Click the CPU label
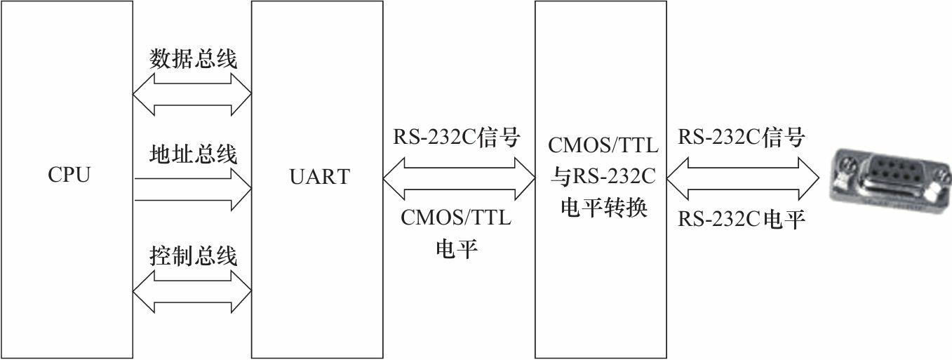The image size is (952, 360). point(69,175)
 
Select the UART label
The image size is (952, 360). point(319,177)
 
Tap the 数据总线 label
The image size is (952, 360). point(193,60)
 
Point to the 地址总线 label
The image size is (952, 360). point(193,154)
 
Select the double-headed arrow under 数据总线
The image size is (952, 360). point(192,93)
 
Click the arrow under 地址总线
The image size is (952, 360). point(192,189)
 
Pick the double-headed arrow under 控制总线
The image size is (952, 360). point(192,291)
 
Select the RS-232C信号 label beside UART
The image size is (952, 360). point(456,138)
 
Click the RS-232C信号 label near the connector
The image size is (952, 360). point(740,138)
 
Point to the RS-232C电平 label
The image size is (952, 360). point(741,220)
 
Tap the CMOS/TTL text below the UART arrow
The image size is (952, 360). point(456,218)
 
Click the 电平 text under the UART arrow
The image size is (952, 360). point(456,248)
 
